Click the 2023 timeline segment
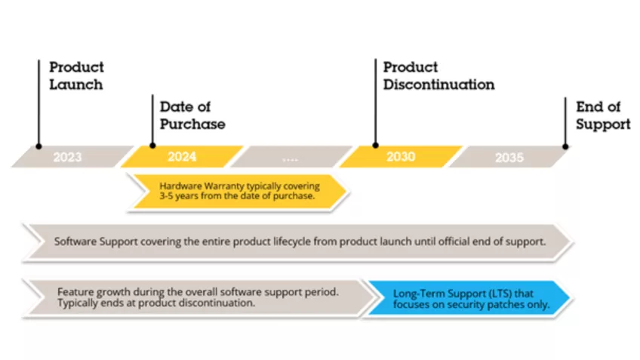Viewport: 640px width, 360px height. click(68, 157)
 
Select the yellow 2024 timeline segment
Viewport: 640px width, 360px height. click(182, 157)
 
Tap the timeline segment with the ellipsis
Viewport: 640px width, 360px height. click(290, 157)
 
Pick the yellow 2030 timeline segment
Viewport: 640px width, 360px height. click(401, 157)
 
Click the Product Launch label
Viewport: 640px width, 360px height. click(76, 75)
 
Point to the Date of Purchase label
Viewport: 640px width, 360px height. click(192, 115)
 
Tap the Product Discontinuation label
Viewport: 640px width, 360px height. click(438, 75)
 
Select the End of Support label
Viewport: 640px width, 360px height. click(602, 115)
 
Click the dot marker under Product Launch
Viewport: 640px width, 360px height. click(38, 146)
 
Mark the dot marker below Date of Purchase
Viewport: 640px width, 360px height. click(152, 146)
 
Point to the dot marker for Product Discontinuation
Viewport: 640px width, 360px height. click(375, 146)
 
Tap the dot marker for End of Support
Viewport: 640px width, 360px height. click(565, 146)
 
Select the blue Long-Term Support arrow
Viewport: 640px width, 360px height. click(468, 299)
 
